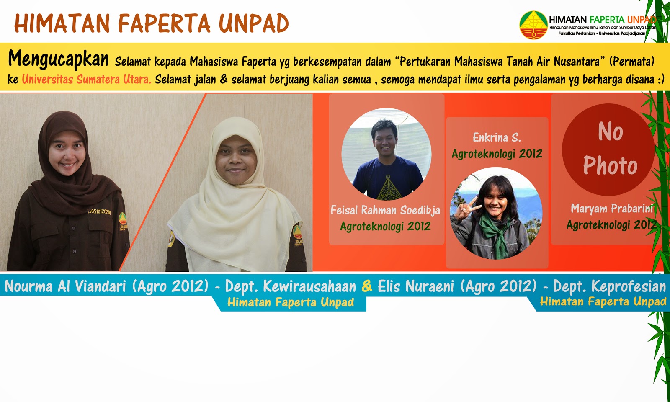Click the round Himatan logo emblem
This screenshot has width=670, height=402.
click(533, 25)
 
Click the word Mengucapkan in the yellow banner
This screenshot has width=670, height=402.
click(58, 59)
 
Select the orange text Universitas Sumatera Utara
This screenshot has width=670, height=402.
click(86, 79)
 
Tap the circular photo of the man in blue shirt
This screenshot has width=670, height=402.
click(386, 154)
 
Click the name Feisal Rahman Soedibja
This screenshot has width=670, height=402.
click(385, 210)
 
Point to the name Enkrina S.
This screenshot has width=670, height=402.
click(497, 137)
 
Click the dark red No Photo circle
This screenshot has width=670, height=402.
click(610, 149)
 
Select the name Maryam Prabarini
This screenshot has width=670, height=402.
click(612, 208)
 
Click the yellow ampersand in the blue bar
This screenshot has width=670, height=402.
click(367, 286)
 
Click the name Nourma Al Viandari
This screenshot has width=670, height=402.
click(65, 286)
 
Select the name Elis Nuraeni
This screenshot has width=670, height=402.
click(415, 286)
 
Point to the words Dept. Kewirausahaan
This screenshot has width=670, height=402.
click(290, 286)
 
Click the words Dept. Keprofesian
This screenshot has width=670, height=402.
click(609, 286)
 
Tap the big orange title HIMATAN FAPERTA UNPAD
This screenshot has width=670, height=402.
click(152, 23)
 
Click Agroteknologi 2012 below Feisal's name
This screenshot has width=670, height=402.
click(385, 227)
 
